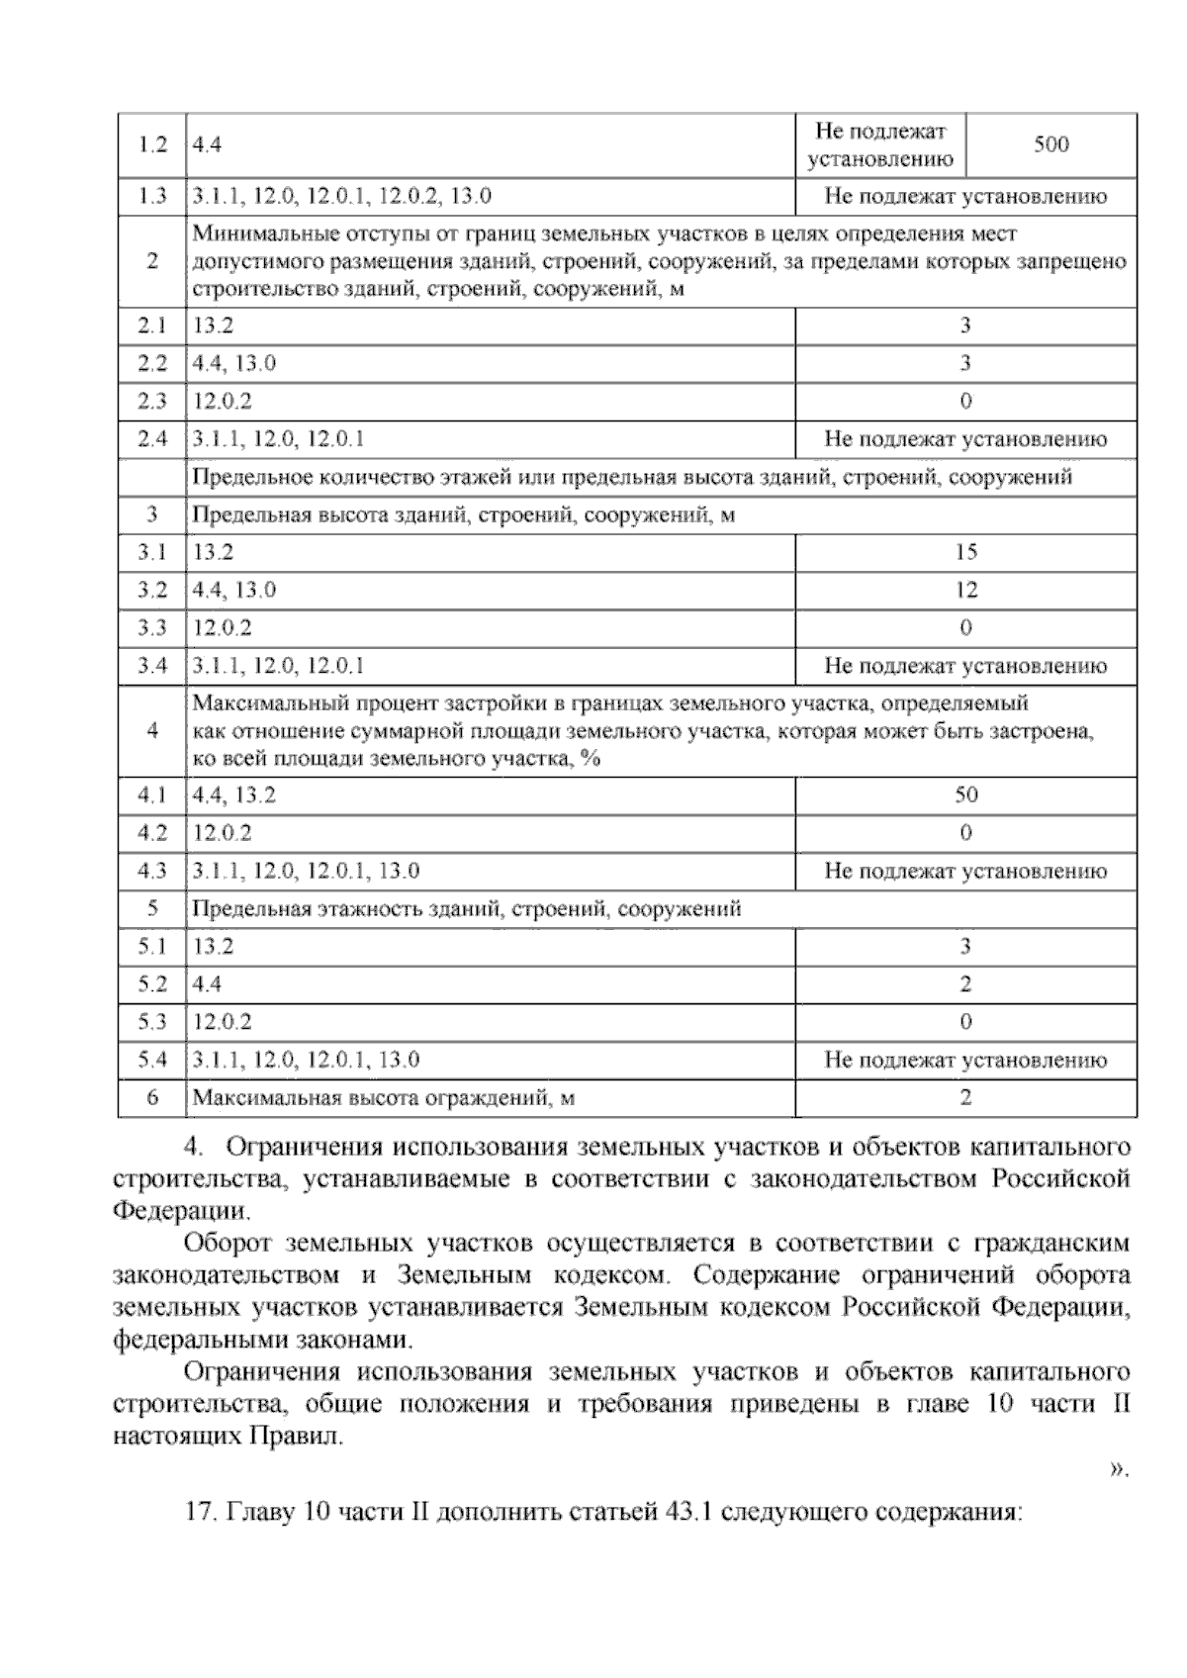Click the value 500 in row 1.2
point(1050,144)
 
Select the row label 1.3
point(152,196)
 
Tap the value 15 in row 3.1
point(965,552)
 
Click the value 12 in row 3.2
point(965,590)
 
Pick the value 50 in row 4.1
point(965,794)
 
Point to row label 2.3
point(152,401)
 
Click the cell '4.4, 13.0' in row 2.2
point(234,363)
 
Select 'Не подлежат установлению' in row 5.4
point(965,1060)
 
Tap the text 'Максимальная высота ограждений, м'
point(384,1097)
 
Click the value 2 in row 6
point(965,1097)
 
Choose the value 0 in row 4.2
point(965,832)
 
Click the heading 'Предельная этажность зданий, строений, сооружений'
point(466,908)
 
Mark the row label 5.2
point(152,984)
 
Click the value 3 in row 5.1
point(965,946)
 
